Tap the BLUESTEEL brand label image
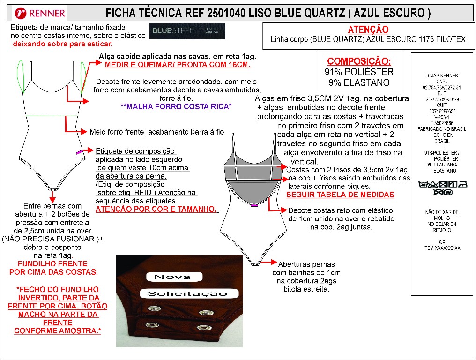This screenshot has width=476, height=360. tap(187, 32)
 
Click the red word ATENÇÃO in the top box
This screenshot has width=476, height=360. tap(368, 30)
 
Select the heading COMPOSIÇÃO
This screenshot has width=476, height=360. tap(359, 61)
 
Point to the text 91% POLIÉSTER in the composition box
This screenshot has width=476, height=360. tap(359, 72)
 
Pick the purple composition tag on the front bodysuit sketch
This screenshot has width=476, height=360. tap(79, 151)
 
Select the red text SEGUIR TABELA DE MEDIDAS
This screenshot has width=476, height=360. tap(340, 195)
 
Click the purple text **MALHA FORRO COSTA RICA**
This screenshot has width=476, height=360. tap(176, 107)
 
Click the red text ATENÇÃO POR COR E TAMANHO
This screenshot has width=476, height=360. tap(156, 209)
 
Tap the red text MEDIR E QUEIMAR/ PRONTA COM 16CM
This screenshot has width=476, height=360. tap(177, 65)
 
